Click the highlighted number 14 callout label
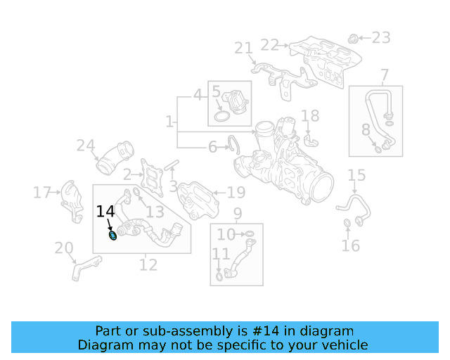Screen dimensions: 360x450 tap(105, 212)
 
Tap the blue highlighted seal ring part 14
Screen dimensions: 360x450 tap(113, 235)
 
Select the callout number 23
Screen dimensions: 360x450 tap(380, 37)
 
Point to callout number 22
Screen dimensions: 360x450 tap(269, 45)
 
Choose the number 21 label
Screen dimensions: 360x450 tap(243, 48)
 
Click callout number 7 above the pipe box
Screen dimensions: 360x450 tap(384, 75)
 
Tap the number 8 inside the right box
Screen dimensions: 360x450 tap(366, 129)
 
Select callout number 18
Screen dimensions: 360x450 tap(310, 115)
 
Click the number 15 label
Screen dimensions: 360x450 tap(356, 175)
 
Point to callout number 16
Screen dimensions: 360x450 tap(350, 245)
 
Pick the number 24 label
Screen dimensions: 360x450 tap(86, 146)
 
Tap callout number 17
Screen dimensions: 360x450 tap(42, 192)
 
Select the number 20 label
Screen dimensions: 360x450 tap(64, 248)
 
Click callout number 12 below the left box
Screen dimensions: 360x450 tap(148, 265)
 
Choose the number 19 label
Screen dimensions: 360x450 tap(236, 192)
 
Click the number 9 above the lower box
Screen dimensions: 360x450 tap(237, 213)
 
